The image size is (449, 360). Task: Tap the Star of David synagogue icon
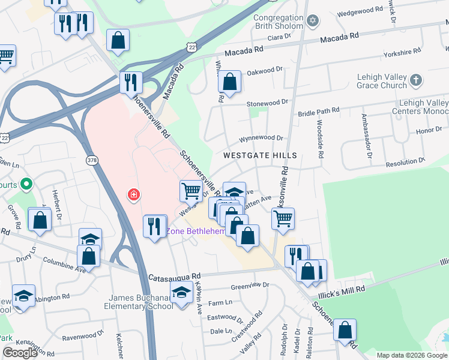(312, 22)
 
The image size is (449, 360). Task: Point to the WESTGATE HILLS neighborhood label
(260, 155)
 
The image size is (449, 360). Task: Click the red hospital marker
(133, 194)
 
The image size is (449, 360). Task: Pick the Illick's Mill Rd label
(343, 289)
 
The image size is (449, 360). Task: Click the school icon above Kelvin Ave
(181, 292)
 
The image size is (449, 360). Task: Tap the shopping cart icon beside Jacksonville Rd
(283, 217)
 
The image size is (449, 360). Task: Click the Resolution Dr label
(405, 162)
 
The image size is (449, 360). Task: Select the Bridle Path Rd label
(319, 111)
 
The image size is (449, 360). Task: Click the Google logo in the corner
(20, 353)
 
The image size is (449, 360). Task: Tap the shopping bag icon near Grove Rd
(40, 220)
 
